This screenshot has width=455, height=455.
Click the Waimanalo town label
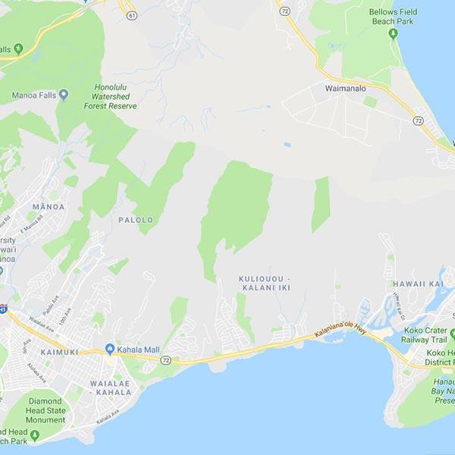347,87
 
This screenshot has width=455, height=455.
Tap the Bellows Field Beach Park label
393,17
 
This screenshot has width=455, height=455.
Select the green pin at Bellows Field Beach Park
393,34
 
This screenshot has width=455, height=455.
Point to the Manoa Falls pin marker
64,96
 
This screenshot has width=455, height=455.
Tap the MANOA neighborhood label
49,206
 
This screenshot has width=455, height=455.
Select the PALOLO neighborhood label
136,220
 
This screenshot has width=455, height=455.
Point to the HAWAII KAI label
418,284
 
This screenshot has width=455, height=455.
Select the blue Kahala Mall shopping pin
110,349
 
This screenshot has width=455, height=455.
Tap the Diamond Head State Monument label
46,410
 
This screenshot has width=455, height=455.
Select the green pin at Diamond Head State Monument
34,434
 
